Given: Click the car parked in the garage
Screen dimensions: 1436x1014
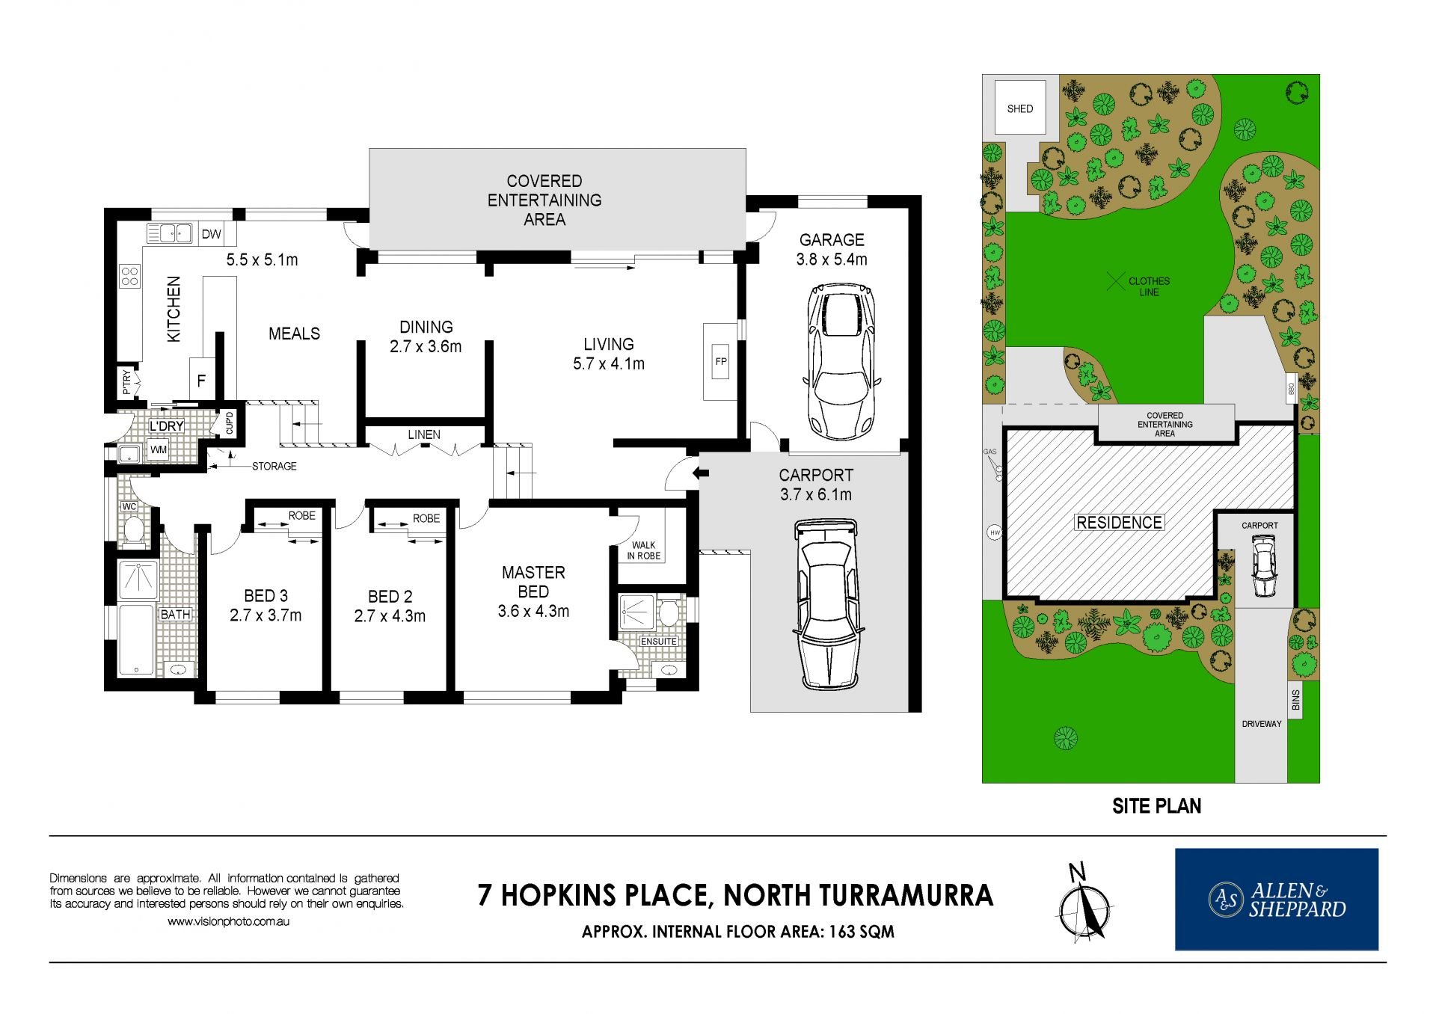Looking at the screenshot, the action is click(x=841, y=363).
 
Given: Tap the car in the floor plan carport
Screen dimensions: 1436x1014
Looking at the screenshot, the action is click(x=826, y=606).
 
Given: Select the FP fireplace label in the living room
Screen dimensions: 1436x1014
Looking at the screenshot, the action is click(x=721, y=361).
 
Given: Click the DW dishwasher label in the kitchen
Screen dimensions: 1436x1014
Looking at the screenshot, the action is click(x=212, y=234).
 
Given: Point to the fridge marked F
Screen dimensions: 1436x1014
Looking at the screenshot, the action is click(x=201, y=380).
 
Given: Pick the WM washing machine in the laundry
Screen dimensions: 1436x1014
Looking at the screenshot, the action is click(x=159, y=449).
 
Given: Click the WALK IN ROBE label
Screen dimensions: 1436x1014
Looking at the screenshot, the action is click(x=643, y=550).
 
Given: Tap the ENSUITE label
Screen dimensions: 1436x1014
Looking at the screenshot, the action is click(x=659, y=642).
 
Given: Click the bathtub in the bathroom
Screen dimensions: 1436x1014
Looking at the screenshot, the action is click(x=137, y=640).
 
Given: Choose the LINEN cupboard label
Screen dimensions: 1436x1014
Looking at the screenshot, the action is click(x=424, y=434).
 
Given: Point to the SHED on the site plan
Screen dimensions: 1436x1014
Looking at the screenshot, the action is click(x=1019, y=108).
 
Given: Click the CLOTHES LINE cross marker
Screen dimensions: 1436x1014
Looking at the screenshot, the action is click(x=1115, y=282).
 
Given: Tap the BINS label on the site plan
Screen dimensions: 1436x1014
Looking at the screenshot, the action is click(x=1295, y=701).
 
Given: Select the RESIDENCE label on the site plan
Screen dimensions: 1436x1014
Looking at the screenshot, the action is click(x=1119, y=523).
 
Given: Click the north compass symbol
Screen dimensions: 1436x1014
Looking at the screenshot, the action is click(x=1084, y=902).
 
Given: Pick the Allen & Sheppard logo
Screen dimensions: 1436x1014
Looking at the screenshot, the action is click(x=1276, y=899).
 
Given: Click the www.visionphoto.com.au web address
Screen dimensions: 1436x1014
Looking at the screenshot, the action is click(x=228, y=922).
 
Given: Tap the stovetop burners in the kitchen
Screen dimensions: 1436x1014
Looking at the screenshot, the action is click(x=130, y=276).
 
